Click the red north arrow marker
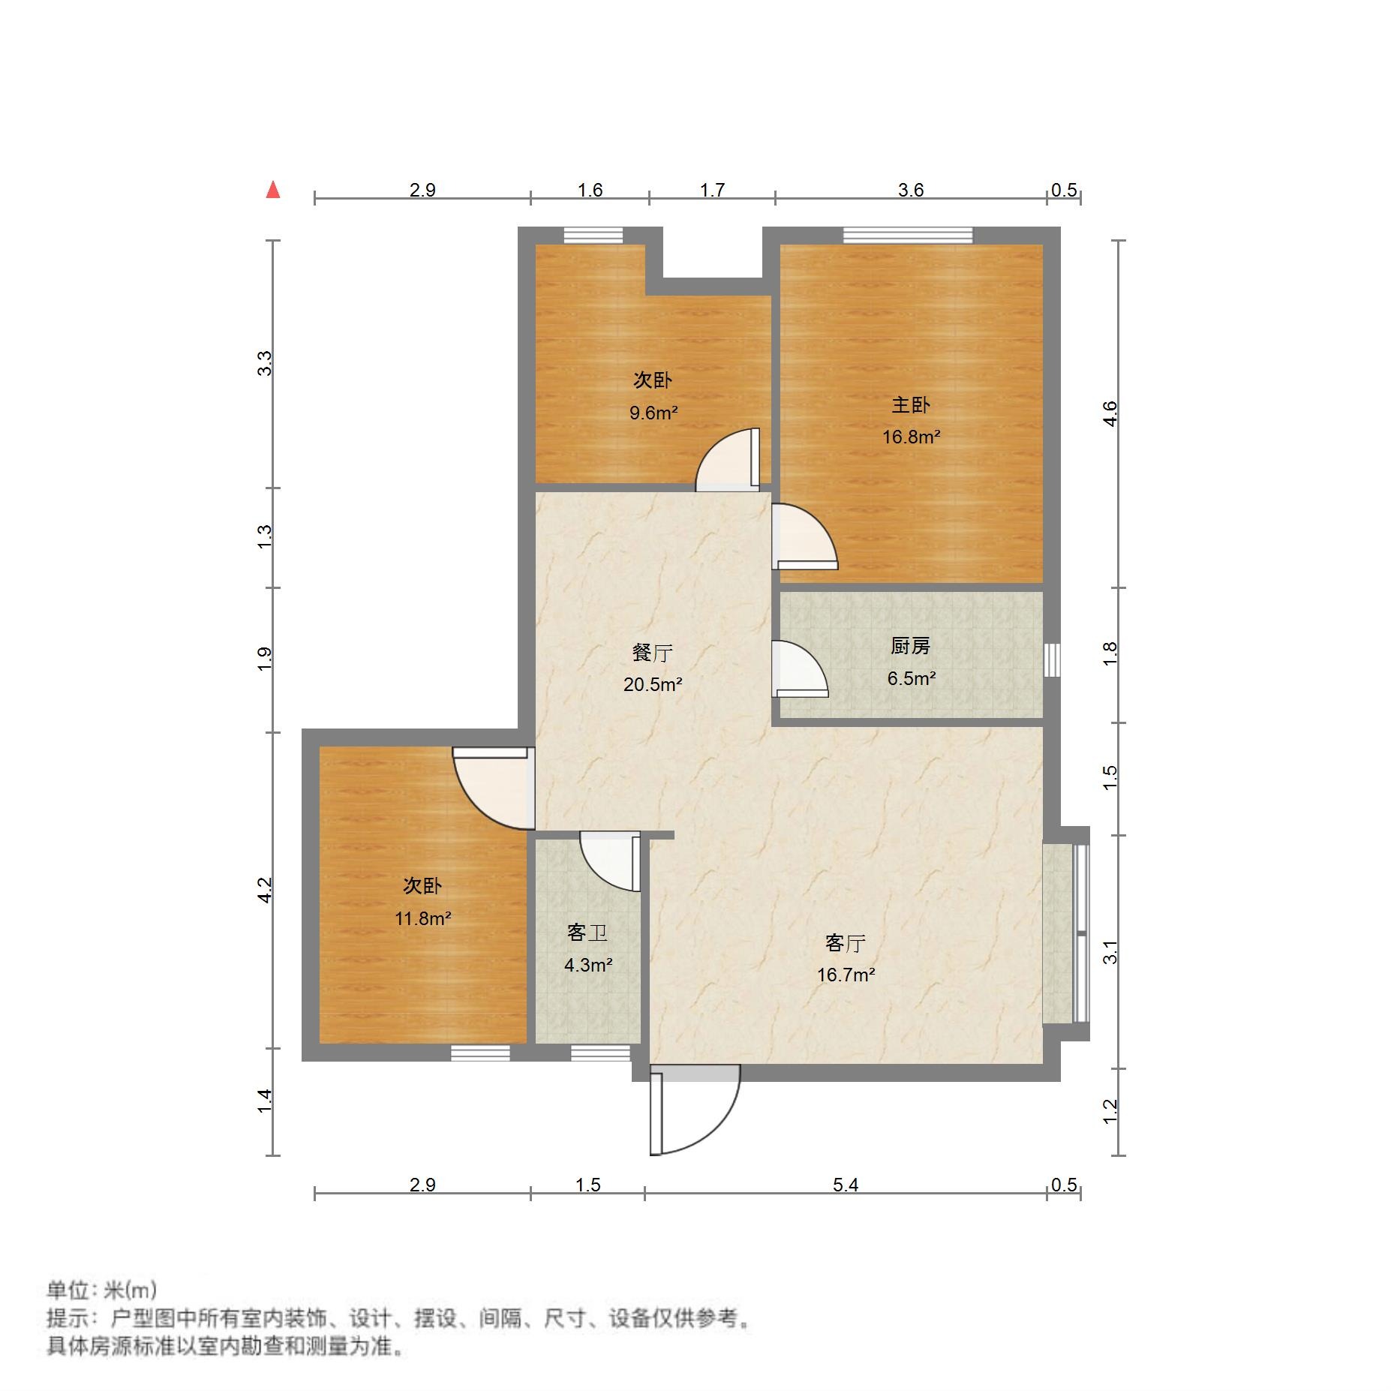click(x=273, y=190)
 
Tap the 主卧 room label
click(x=910, y=405)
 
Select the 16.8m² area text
click(x=911, y=437)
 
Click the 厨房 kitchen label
click(x=910, y=645)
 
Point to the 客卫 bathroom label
click(x=587, y=933)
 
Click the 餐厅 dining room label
click(x=652, y=653)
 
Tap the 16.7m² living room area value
click(x=846, y=975)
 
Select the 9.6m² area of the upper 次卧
click(x=653, y=413)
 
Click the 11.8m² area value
click(x=422, y=918)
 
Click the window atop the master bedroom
click(x=907, y=235)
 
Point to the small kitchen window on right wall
click(x=1052, y=659)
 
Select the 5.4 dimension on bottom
click(x=845, y=1185)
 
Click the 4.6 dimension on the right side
click(x=1110, y=413)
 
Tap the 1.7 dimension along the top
click(x=712, y=190)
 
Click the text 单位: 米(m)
click(x=102, y=1290)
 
